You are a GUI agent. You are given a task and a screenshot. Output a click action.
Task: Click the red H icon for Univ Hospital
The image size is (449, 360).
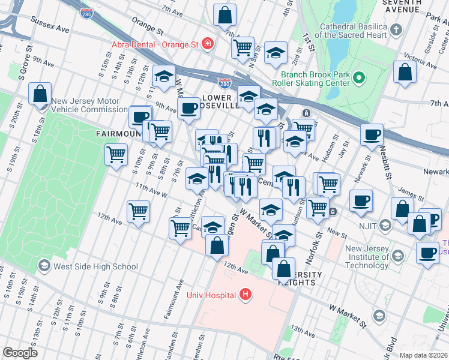[x=245, y=295]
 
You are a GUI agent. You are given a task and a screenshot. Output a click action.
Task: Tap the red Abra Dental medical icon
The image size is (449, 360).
[x=208, y=43]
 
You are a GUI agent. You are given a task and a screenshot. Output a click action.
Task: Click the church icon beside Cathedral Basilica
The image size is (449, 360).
[x=396, y=29]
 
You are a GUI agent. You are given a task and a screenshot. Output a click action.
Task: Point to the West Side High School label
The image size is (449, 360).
[x=95, y=266]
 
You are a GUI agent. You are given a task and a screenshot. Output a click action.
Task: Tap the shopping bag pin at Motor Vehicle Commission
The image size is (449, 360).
[x=40, y=94]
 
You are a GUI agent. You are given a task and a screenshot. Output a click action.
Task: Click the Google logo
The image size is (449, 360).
[x=20, y=353]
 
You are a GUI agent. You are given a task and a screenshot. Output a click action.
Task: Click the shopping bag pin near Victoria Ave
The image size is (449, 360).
[x=406, y=71]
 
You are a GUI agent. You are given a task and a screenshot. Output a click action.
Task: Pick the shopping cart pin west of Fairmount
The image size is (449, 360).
[x=116, y=154]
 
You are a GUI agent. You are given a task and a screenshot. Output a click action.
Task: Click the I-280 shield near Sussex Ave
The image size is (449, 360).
[x=87, y=13]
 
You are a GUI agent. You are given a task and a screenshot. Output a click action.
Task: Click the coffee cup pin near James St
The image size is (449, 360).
[x=361, y=200]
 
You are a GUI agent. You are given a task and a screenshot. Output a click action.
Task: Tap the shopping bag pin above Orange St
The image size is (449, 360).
[x=224, y=14]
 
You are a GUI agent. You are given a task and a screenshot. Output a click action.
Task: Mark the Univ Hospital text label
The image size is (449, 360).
[x=210, y=295]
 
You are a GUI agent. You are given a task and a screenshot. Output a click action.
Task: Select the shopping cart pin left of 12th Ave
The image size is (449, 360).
[x=138, y=211]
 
